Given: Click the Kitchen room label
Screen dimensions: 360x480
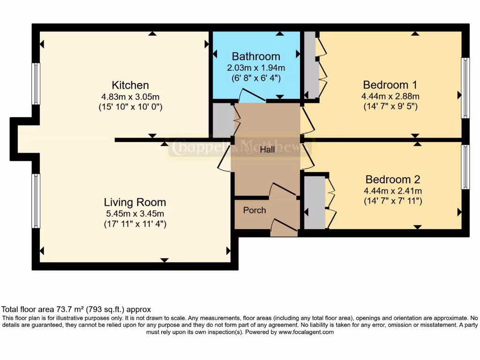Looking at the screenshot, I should (x=130, y=85).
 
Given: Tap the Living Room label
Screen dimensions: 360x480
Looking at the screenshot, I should (x=135, y=202).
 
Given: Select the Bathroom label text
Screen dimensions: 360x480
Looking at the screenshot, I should (x=256, y=57).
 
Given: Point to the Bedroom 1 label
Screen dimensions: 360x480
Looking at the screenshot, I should (x=390, y=85).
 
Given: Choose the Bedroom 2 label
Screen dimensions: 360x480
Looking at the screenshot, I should (x=393, y=180).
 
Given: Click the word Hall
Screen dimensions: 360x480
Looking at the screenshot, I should (x=267, y=150).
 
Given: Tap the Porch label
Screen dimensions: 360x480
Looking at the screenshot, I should (x=255, y=210).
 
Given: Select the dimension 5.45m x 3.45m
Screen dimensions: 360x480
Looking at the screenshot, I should (x=135, y=214).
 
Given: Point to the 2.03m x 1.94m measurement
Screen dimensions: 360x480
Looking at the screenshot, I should (x=256, y=68).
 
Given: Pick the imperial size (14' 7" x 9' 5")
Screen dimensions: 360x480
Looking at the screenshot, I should (x=390, y=106).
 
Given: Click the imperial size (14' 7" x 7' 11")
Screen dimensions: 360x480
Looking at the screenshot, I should (x=393, y=201).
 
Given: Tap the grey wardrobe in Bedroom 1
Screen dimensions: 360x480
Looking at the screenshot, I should (x=310, y=66).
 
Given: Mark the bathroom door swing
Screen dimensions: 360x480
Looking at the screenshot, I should (x=251, y=96).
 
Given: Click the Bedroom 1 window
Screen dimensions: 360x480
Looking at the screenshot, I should (x=465, y=88).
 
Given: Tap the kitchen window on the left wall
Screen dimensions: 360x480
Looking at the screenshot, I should (x=36, y=83).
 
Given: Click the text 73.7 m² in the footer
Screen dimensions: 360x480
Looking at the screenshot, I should (x=59, y=309).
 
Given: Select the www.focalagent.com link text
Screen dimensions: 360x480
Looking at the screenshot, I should (x=306, y=332).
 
